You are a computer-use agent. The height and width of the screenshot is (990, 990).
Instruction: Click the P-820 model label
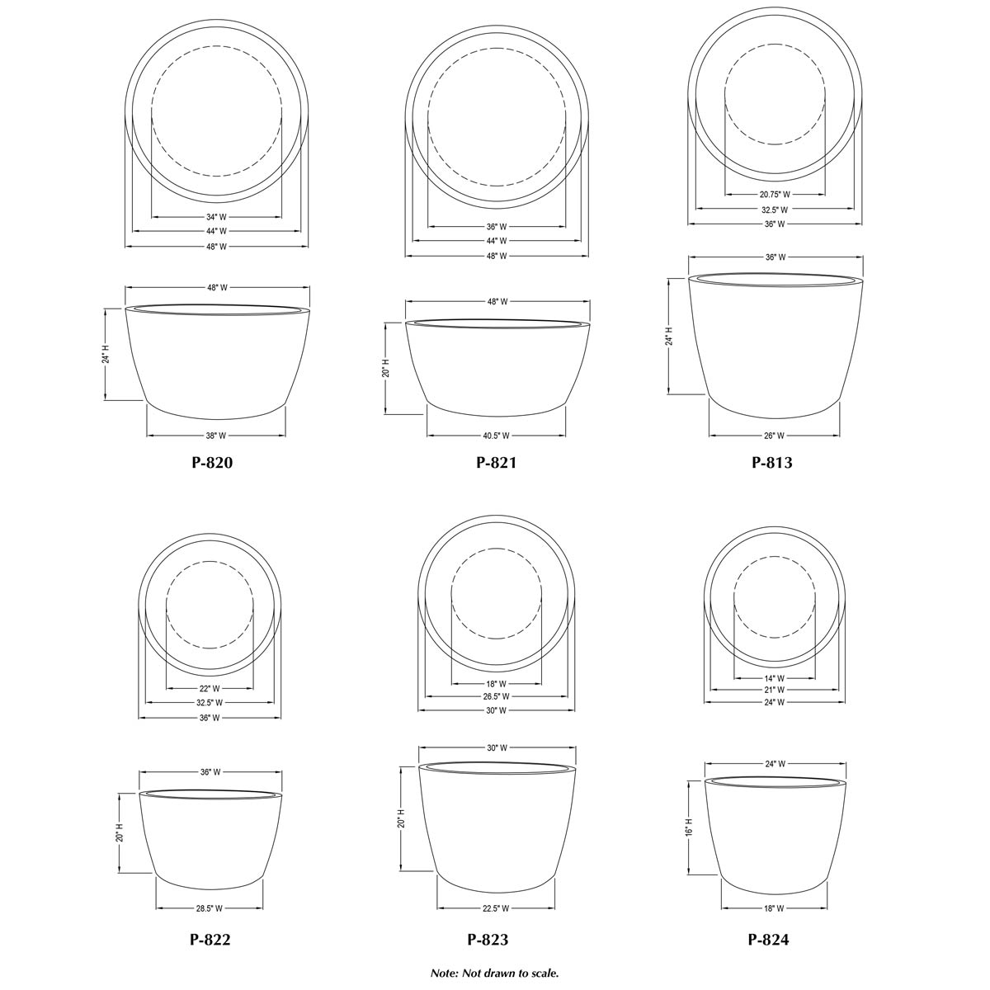point(212,463)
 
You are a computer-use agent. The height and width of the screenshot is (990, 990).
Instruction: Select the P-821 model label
point(496,463)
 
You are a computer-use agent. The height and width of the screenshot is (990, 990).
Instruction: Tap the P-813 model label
point(772,463)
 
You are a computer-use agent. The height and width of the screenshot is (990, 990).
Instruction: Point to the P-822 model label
point(210,940)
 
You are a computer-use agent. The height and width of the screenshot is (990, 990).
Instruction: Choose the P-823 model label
point(488,940)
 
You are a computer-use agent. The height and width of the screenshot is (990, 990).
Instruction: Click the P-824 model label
point(768,940)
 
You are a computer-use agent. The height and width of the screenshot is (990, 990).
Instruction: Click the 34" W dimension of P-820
point(217,217)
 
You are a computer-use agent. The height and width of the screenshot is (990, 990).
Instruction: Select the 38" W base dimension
point(216,436)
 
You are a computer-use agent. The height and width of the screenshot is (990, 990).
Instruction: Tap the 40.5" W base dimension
point(496,436)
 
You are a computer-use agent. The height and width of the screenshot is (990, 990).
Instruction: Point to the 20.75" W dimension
point(775,195)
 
